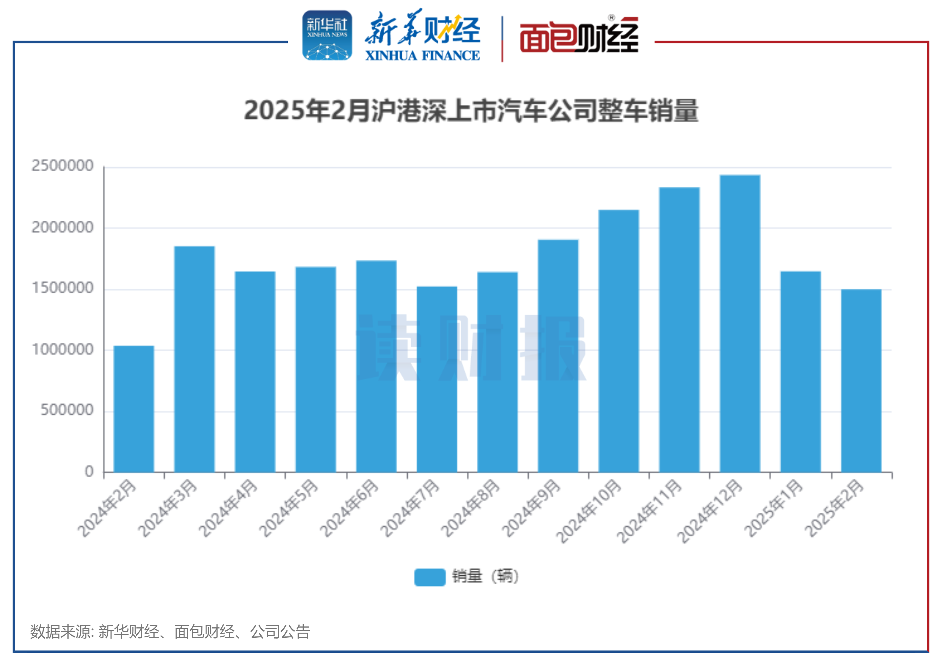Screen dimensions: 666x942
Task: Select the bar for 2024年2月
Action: [134, 409]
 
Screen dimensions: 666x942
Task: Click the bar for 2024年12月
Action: [740, 324]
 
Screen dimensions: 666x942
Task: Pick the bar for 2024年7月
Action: [437, 379]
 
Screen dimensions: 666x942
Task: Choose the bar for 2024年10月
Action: [619, 341]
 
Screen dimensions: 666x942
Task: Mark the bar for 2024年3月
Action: [195, 359]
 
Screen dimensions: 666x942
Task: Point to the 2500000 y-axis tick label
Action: [63, 166]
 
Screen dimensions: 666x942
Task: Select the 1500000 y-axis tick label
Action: [63, 288]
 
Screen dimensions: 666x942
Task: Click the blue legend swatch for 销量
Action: [429, 577]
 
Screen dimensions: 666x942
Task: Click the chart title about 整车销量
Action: [471, 111]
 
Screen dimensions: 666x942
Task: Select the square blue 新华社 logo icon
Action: [327, 36]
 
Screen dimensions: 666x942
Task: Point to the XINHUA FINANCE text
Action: [422, 56]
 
